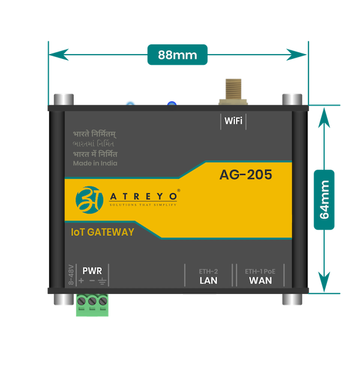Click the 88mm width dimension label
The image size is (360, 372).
click(x=178, y=55)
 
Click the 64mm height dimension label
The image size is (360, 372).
click(x=324, y=199)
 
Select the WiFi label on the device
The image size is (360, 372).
click(x=233, y=121)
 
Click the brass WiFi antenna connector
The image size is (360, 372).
click(x=231, y=90)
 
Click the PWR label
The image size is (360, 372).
click(x=92, y=271)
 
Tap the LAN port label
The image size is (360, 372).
click(x=208, y=280)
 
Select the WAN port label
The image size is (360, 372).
click(x=260, y=280)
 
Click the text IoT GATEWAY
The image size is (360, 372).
click(x=101, y=232)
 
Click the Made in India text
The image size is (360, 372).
click(x=95, y=163)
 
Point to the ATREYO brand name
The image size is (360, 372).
click(x=144, y=196)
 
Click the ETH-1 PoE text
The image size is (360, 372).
click(x=260, y=271)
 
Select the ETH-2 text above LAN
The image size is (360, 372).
click(x=208, y=271)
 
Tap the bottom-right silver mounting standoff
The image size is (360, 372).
click(x=293, y=298)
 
